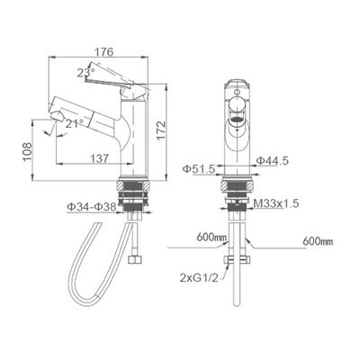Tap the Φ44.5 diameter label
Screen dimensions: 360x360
(271, 161)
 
